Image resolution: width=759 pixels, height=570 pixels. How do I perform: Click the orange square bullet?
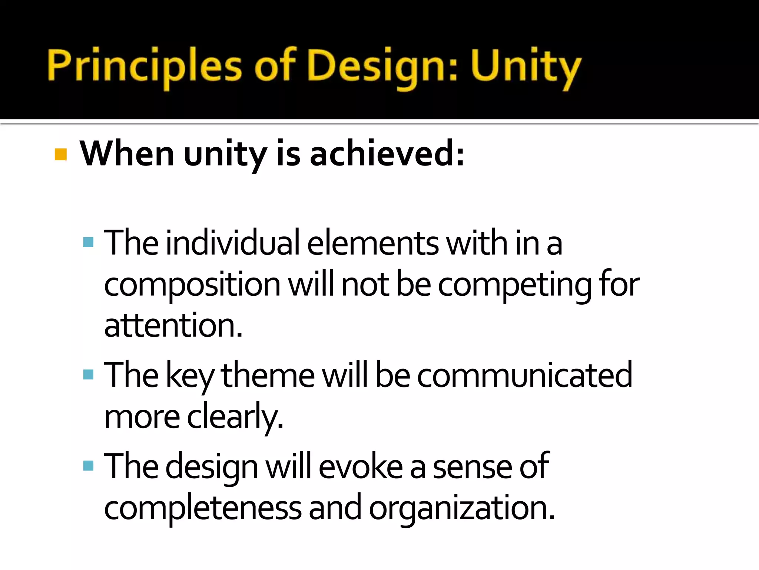point(60,154)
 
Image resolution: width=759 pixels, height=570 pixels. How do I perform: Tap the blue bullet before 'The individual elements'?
point(88,243)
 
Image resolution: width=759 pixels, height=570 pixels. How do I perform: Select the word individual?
point(233,243)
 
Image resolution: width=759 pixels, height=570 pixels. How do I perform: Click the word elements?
point(373,243)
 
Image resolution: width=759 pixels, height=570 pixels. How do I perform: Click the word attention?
point(173,325)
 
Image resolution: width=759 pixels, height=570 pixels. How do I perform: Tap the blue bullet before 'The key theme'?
point(88,374)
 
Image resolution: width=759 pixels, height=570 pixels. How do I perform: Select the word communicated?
point(525,375)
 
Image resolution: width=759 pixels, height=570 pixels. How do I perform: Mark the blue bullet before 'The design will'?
point(88,465)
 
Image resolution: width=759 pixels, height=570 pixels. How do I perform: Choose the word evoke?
point(361,466)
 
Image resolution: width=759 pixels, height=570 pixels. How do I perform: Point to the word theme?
point(268,375)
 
